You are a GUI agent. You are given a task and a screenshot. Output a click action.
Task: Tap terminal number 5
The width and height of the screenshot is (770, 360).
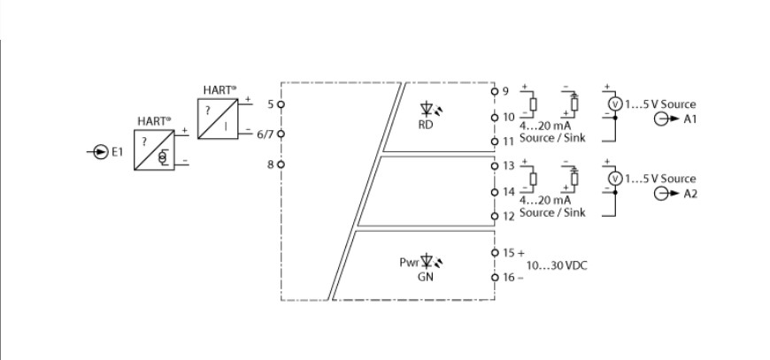click(271, 103)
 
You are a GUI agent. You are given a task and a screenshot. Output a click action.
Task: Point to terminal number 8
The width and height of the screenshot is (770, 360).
click(271, 165)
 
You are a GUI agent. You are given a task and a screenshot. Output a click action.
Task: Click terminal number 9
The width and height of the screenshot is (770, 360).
click(505, 91)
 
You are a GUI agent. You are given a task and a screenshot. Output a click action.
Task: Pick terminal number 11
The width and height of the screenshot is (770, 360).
click(508, 142)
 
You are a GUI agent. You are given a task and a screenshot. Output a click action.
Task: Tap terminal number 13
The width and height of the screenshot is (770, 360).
click(508, 166)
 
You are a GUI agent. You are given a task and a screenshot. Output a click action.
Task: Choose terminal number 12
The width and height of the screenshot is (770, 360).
click(508, 216)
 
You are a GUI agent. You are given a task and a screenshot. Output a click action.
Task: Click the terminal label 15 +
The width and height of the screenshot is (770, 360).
click(513, 253)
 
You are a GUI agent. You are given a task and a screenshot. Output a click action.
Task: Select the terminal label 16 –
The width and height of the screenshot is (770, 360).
click(513, 277)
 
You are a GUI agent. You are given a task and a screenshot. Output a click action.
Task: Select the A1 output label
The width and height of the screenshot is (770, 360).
click(691, 120)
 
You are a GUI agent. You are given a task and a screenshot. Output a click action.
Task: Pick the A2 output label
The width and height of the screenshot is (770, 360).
click(691, 195)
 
